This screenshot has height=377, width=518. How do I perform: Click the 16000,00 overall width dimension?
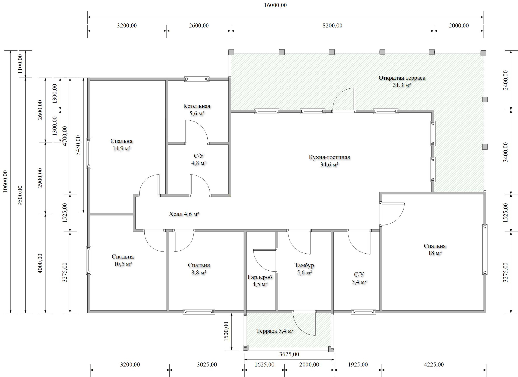tap(275, 5)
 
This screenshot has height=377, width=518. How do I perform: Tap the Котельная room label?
tap(197, 106)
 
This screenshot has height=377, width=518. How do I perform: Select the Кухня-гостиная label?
tap(329, 157)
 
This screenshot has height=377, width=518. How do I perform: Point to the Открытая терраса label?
tap(402, 78)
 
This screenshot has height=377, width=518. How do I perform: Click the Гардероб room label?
tap(260, 277)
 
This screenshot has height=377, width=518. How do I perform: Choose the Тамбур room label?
tap(304, 265)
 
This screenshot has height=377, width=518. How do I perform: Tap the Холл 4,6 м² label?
tap(184, 214)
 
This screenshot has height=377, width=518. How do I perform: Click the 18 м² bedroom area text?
tap(435, 253)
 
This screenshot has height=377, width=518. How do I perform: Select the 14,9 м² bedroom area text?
tap(121, 148)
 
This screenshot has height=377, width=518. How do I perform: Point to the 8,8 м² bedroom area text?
tap(199, 272)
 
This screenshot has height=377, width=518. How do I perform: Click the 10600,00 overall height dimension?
tap(5, 182)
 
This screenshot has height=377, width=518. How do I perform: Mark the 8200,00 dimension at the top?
tap(332, 26)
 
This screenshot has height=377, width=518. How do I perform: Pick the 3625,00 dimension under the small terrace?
tap(289, 354)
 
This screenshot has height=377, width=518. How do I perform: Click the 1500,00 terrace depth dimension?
tap(226, 332)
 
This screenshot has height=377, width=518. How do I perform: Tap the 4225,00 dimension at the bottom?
tap(434, 365)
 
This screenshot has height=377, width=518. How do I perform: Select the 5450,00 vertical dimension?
tap(78, 145)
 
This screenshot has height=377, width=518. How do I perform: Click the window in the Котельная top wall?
tap(197, 79)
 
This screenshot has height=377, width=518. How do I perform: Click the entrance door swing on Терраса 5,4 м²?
tap(304, 324)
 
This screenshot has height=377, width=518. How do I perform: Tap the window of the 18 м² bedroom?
tap(485, 249)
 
